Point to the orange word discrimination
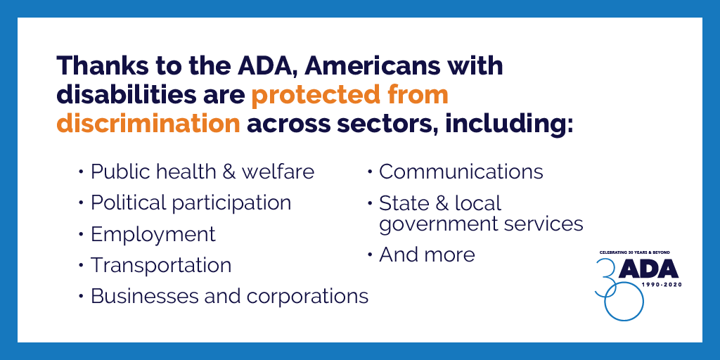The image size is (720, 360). tap(148, 124)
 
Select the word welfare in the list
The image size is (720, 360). tap(278, 172)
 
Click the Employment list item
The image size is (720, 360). tap(153, 235)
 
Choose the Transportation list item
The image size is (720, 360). tap(161, 265)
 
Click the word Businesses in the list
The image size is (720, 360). tap(145, 296)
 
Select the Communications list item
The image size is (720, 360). tap(461, 172)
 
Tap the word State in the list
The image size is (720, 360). tap(403, 203)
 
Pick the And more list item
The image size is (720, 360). tap(427, 255)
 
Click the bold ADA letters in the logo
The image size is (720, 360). tap(648, 269)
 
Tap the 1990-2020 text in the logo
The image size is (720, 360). tap(661, 285)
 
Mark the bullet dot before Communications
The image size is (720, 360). tap(370, 172)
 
